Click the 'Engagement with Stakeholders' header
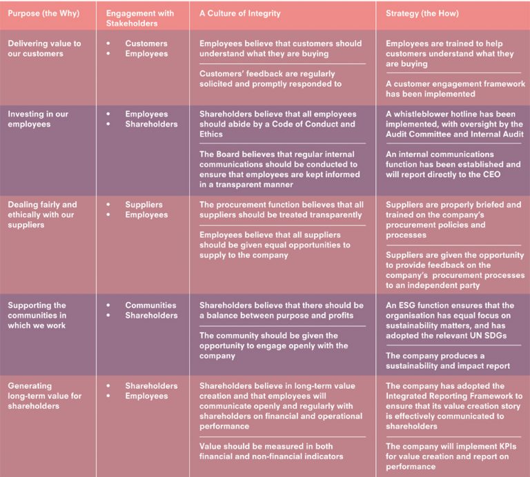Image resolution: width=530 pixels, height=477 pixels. [x=141, y=18]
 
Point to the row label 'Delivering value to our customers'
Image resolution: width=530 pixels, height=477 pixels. [x=44, y=48]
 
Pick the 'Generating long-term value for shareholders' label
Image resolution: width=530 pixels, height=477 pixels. [x=46, y=396]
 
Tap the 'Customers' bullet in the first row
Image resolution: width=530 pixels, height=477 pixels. [x=146, y=43]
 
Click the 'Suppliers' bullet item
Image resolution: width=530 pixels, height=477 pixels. [x=144, y=205]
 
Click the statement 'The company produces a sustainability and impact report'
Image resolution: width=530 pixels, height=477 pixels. [x=445, y=361]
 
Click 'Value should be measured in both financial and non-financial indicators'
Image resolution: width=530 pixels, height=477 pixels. [x=271, y=451]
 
